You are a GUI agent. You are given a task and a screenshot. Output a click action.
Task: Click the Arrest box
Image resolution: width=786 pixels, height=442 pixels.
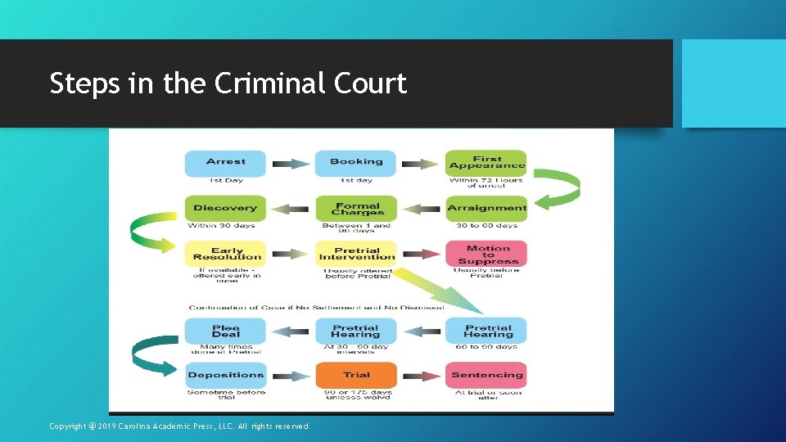pos(225,162)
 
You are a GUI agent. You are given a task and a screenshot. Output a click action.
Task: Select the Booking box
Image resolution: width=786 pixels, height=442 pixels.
pos(355,162)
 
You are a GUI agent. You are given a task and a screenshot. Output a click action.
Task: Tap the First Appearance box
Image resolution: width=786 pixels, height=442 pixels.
pos(486,162)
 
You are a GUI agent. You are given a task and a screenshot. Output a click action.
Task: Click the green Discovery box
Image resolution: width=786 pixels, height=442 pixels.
pos(225,208)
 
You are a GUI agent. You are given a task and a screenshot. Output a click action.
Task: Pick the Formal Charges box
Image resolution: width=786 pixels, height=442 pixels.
pos(355,208)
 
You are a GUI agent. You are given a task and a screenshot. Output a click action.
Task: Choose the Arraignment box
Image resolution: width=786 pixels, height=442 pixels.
pos(486,208)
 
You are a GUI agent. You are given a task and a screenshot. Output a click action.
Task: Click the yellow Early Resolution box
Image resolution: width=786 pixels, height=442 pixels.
pos(225,253)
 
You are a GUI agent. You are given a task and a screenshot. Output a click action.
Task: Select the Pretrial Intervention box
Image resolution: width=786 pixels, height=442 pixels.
pos(355,253)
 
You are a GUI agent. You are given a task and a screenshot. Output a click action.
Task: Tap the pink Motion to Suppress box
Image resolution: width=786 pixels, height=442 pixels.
pos(486,254)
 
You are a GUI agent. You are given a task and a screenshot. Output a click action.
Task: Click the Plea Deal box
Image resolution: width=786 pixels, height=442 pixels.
pos(225,331)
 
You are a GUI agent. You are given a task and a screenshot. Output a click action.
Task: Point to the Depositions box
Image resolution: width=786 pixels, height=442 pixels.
pos(225,375)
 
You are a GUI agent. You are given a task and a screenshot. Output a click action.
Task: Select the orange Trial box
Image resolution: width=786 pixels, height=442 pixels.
pos(355,375)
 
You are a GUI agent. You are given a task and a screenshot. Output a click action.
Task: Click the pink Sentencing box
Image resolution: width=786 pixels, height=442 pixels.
pos(486,375)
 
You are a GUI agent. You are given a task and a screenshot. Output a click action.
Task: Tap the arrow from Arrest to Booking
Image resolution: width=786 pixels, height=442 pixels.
pos(290,164)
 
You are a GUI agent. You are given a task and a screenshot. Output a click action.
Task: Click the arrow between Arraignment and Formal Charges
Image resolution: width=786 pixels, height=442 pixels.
pos(421,209)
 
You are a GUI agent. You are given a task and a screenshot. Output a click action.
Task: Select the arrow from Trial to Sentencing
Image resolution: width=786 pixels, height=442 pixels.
pos(421,376)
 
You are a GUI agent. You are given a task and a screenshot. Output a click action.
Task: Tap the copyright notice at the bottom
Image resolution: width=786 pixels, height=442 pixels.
pos(180,426)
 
